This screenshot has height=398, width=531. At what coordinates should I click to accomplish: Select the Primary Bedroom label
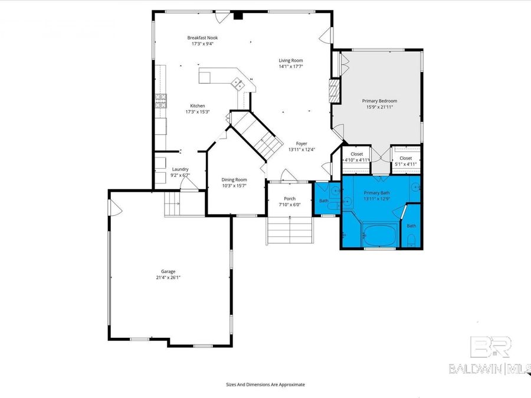pos(379,101)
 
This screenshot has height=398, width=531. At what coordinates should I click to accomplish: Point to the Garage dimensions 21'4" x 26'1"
pos(168,277)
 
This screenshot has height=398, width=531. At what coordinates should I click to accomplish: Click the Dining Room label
pos(234,180)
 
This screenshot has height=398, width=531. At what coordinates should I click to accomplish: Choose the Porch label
pos(290,199)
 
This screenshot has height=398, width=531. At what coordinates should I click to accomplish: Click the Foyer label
pos(301,143)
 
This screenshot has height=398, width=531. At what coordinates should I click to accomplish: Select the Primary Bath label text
pos(376,193)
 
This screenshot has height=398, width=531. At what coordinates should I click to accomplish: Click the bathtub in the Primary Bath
pos(379,235)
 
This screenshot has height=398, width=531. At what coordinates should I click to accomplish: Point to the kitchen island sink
pos(239,84)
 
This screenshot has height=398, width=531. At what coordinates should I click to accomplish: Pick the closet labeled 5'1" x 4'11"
pos(406,161)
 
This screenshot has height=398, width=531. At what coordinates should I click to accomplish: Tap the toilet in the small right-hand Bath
pos(411,239)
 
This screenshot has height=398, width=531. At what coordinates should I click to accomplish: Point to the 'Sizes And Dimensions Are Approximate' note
pos(265,384)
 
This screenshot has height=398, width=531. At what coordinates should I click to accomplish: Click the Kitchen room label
pos(198,106)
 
